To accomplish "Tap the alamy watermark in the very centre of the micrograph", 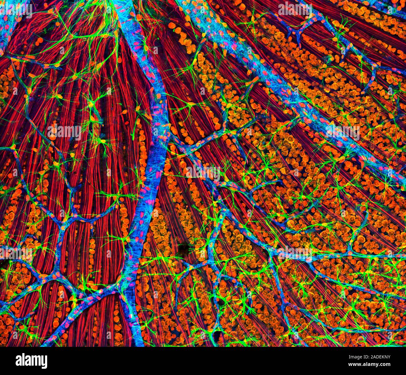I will click(x=203, y=172).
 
